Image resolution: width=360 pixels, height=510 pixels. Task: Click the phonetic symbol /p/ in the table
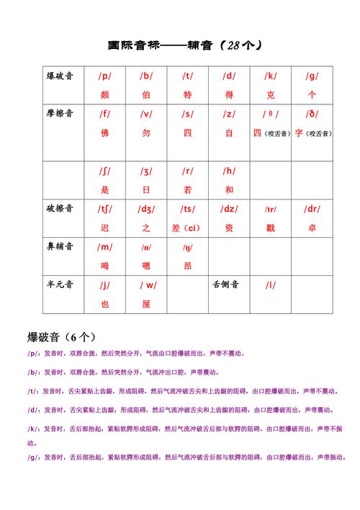[105, 76]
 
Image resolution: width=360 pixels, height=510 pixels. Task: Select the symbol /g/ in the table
[312, 76]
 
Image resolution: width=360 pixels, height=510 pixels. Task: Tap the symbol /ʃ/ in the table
[105, 171]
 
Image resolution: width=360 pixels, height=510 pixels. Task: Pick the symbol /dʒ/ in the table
[146, 209]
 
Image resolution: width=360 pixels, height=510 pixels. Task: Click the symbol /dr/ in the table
[312, 209]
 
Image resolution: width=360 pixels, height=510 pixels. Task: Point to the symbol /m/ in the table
[105, 247]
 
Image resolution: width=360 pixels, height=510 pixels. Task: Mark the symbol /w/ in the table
[146, 285]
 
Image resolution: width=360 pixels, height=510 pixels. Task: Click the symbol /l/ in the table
[271, 285]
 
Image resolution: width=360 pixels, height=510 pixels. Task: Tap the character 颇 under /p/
[105, 94]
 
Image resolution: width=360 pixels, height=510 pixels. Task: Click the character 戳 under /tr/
[271, 228]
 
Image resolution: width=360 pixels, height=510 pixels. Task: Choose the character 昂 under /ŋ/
[187, 266]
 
